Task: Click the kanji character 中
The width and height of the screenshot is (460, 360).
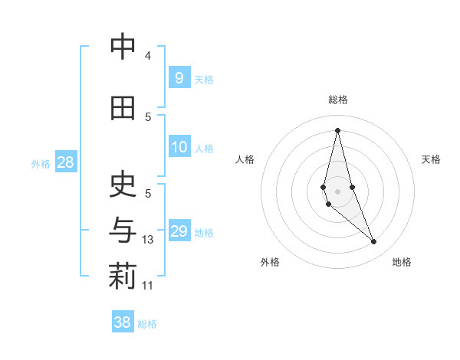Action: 123,47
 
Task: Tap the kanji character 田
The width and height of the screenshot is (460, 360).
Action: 123,108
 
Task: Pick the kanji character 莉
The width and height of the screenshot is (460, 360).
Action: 123,277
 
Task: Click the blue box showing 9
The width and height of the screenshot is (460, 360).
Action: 179,78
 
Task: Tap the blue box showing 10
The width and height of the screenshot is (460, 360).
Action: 179,147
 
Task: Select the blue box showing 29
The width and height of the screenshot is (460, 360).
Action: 179,231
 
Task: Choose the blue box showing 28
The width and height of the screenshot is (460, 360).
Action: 65,162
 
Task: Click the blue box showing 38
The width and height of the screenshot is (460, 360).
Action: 123,322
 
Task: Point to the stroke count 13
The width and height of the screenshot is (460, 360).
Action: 148,240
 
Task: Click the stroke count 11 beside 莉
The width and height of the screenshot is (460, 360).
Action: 148,286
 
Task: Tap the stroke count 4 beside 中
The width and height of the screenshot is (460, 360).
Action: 148,56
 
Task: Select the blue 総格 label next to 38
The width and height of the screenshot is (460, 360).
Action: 147,324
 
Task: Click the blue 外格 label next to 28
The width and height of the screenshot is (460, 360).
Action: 41,163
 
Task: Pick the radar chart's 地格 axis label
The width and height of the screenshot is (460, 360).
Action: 402,262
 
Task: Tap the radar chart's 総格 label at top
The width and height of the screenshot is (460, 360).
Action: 337,100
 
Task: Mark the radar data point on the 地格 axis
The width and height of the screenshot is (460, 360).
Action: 373,242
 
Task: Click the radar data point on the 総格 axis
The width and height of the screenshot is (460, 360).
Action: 337,130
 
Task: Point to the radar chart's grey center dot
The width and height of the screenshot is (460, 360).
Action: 337,191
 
